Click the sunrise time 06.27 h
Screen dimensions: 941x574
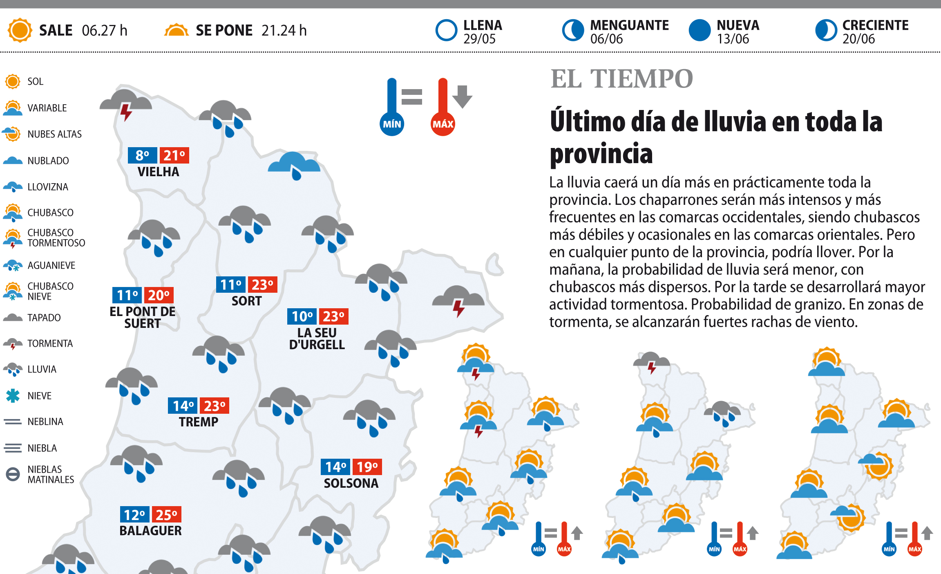pyautogui.click(x=105, y=30)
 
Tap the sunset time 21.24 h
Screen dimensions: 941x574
pyautogui.click(x=284, y=30)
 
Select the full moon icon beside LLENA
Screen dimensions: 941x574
pyautogui.click(x=446, y=30)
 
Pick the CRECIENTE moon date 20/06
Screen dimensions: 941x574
pyautogui.click(x=858, y=39)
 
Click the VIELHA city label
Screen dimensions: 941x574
pyautogui.click(x=158, y=172)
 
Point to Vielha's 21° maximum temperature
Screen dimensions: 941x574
pyautogui.click(x=174, y=155)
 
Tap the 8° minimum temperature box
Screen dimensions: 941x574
pyautogui.click(x=142, y=155)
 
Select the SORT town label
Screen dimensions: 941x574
pyautogui.click(x=246, y=301)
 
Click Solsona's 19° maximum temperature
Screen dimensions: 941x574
pyautogui.click(x=367, y=467)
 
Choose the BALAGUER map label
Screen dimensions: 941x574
pyautogui.click(x=150, y=531)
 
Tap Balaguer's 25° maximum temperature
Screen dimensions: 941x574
pyautogui.click(x=166, y=515)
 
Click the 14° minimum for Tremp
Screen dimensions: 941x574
pyautogui.click(x=183, y=406)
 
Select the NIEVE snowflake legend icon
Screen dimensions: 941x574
pyautogui.click(x=13, y=396)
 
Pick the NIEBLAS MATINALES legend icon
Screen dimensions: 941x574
pyautogui.click(x=13, y=474)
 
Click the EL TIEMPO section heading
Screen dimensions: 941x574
pyautogui.click(x=621, y=78)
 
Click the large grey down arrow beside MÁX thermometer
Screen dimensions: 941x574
pyautogui.click(x=462, y=96)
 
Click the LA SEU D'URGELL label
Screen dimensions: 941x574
pyautogui.click(x=317, y=339)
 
